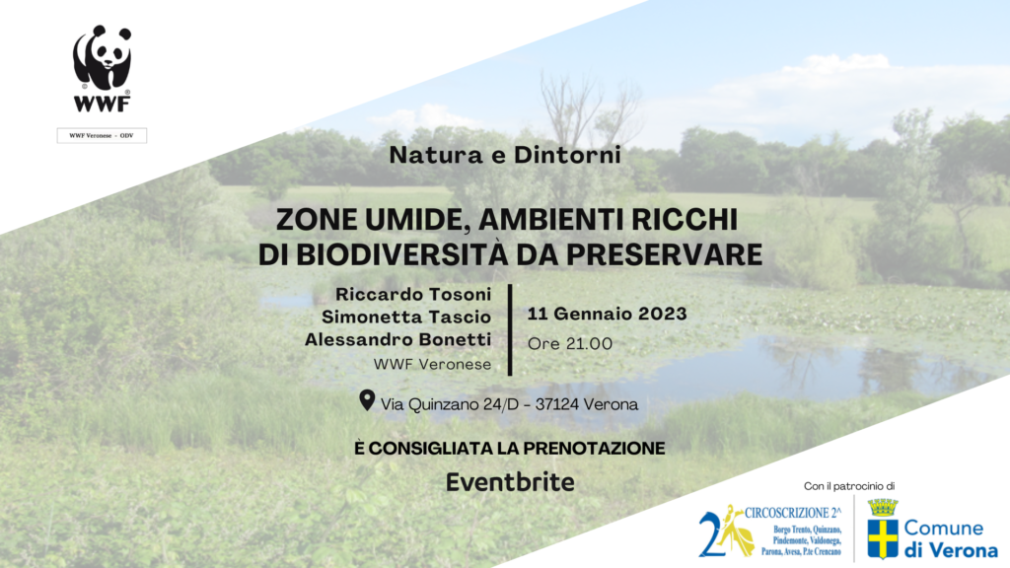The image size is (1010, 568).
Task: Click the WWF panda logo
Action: [102, 68]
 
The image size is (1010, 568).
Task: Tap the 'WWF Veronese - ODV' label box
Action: [102, 135]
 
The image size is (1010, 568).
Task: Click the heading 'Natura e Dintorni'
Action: [505, 155]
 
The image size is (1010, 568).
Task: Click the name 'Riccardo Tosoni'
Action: [413, 294]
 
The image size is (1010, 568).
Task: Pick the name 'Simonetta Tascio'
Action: [406, 317]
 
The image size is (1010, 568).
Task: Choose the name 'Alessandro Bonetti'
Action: [398, 339]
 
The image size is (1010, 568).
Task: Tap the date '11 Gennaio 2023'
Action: [608, 314]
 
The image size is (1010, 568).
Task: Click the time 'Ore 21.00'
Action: [570, 344]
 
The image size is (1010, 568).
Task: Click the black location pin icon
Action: [367, 400]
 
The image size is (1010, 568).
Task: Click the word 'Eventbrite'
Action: [510, 482]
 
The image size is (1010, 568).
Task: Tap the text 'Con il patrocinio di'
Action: [849, 486]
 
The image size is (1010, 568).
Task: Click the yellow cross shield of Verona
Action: [883, 539]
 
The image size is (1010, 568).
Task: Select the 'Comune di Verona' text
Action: [951, 539]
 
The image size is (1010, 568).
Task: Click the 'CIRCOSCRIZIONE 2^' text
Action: [793, 513]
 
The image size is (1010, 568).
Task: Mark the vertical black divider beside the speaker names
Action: [510, 329]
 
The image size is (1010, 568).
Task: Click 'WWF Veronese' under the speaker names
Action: [432, 365]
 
